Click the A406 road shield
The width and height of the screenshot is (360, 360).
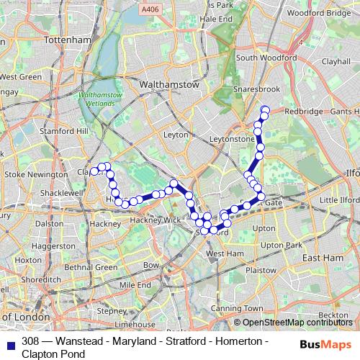click(x=149, y=9)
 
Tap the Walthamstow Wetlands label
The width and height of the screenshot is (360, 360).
click(x=96, y=99)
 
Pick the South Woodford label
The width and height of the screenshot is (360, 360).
click(x=266, y=58)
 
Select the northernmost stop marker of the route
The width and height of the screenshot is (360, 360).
click(x=265, y=110)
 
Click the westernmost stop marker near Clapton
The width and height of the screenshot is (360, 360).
click(x=94, y=171)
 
